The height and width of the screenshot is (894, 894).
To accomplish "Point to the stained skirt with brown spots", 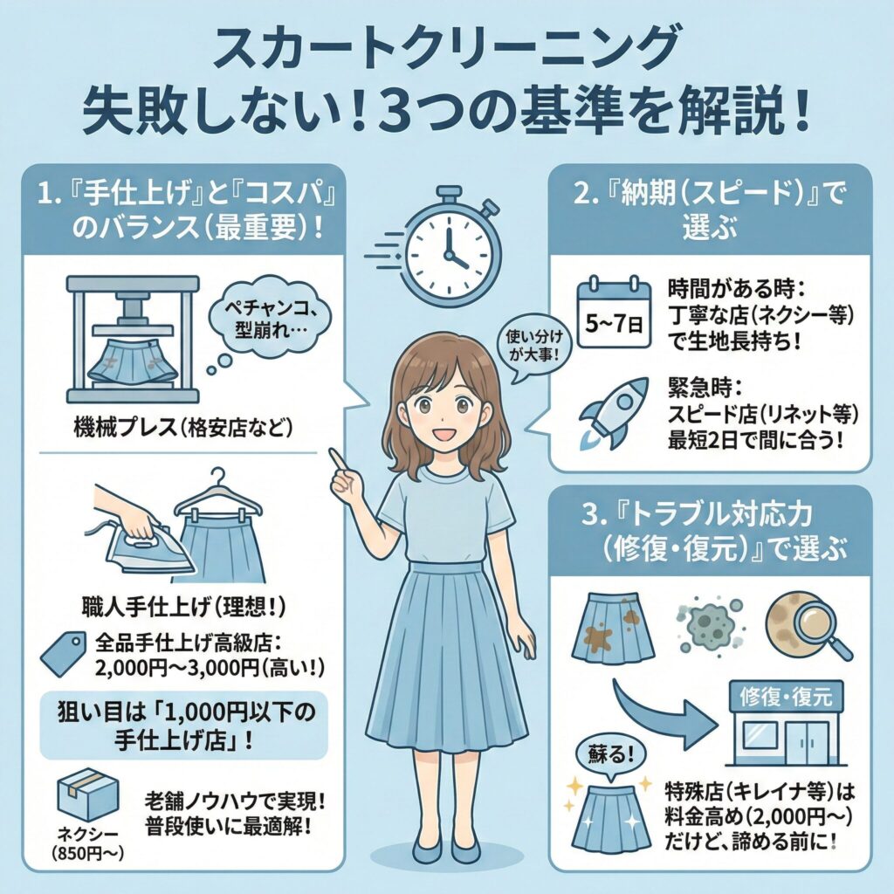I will click(x=612, y=630).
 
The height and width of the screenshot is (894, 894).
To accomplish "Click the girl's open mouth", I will click(x=447, y=434).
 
